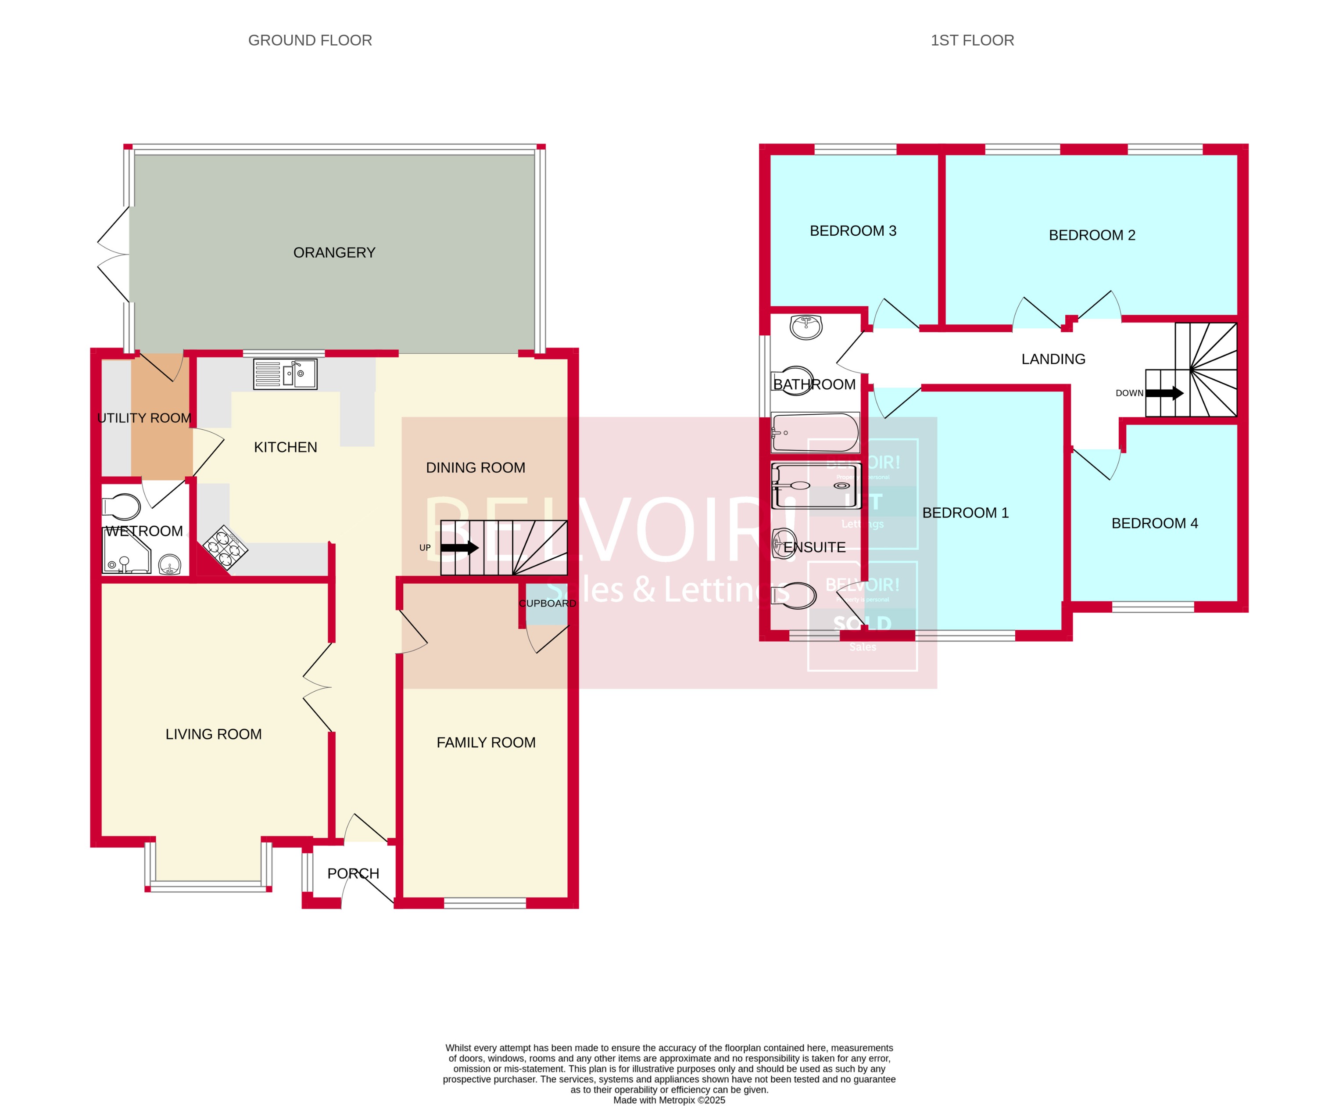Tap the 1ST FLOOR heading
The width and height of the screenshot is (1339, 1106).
click(972, 40)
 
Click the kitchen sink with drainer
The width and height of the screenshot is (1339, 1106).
click(285, 374)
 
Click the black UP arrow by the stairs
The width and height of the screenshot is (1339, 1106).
click(459, 547)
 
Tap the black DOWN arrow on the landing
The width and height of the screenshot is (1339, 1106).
click(1164, 393)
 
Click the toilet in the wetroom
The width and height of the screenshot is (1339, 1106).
click(122, 507)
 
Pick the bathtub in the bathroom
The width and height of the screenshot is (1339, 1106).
click(815, 433)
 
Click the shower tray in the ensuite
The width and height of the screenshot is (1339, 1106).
click(816, 485)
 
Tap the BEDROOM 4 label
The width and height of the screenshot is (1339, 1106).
click(1154, 523)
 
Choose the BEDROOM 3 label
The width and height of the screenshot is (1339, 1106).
click(852, 230)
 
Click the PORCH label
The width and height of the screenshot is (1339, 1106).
click(353, 873)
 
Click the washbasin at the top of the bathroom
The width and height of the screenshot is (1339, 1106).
click(806, 327)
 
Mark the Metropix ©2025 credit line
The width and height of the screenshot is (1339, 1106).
click(669, 1099)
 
